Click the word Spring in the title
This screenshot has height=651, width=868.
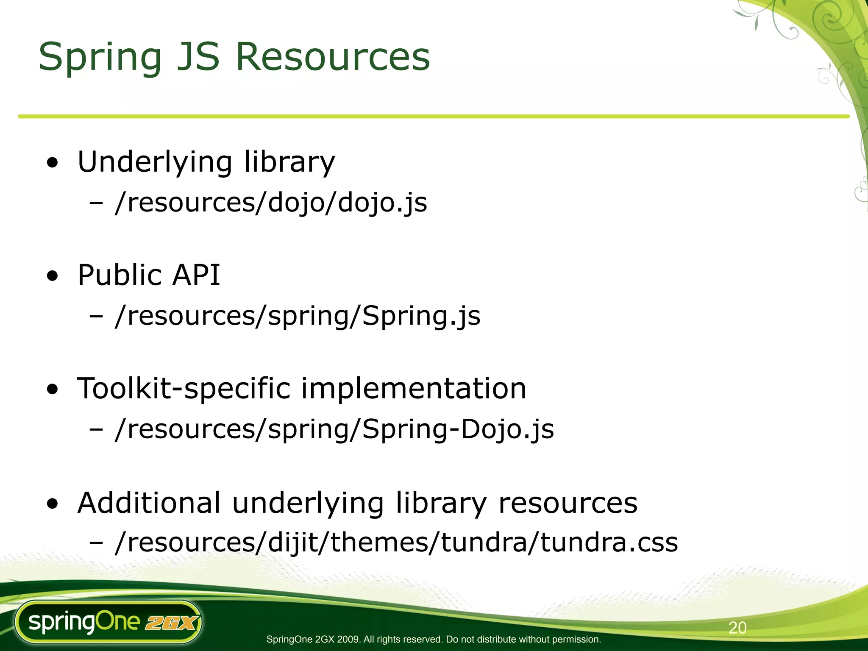click(100, 57)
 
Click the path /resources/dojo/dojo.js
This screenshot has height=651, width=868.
click(271, 203)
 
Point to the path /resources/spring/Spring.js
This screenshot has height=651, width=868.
click(298, 316)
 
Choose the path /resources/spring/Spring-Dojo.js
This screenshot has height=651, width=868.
click(334, 429)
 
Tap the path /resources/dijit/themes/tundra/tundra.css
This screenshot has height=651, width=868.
click(396, 542)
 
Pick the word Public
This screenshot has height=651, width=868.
click(119, 275)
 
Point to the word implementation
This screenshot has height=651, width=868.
click(414, 389)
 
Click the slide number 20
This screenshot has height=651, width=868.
click(737, 628)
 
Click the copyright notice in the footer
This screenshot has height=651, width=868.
click(434, 639)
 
